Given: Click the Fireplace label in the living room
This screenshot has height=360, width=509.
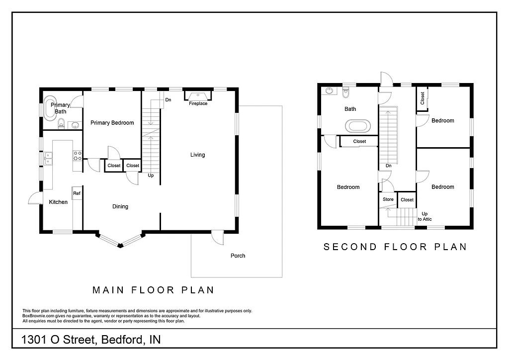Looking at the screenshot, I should pos(198,103).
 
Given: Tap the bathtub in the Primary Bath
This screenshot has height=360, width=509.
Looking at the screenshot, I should pos(50,109).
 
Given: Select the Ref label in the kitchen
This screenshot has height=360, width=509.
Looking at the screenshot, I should pos(77,193).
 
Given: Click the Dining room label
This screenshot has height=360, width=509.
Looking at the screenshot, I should pos(120,206).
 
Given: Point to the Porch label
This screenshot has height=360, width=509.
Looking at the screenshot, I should pos(238,256).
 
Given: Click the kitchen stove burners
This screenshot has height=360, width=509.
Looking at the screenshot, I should pos(78,156).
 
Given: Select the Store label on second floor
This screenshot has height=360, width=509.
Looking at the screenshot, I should pos(388,199).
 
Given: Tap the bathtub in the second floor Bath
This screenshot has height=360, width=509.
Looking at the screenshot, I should pos(358,125).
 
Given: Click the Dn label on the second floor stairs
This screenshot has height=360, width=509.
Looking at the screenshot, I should pos(388,166).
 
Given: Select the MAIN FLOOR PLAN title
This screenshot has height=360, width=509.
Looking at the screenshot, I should pos(154,290).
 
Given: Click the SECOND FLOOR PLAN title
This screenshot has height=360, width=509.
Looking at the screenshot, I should pos(395,247).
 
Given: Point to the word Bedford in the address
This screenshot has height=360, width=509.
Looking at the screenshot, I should pos(122,340).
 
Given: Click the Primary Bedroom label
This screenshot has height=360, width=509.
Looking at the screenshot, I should pos(112,123).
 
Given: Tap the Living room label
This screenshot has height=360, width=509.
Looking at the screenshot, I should pos(197,155).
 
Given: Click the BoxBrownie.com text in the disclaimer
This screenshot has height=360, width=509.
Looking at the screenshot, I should pos(40,316).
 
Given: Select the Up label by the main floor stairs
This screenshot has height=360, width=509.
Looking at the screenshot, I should pos(151,175).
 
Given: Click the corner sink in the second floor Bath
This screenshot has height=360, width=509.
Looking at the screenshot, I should pos(329,91).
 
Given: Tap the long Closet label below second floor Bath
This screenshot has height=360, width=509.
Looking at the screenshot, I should pos(359,141).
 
